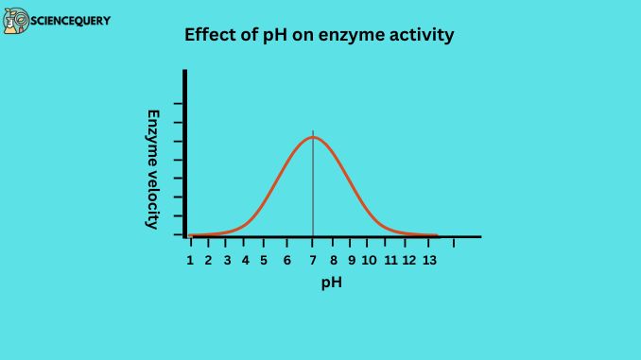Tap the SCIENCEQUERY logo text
pyautogui.click(x=72, y=19)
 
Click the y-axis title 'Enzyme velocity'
pyautogui.click(x=152, y=168)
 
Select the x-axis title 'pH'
pyautogui.click(x=331, y=282)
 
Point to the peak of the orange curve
pyautogui.click(x=313, y=138)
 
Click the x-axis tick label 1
pyautogui.click(x=190, y=259)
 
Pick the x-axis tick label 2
pyautogui.click(x=208, y=259)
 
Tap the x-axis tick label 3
pyautogui.click(x=227, y=259)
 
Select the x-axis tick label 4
pyautogui.click(x=245, y=259)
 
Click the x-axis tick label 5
pyautogui.click(x=264, y=259)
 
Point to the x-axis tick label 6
pyautogui.click(x=287, y=259)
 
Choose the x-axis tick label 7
pyautogui.click(x=313, y=259)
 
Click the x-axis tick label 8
pyautogui.click(x=333, y=259)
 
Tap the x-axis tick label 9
pyautogui.click(x=351, y=259)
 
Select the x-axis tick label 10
pyautogui.click(x=369, y=259)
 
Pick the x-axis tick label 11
pyautogui.click(x=390, y=259)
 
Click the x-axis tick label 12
pyautogui.click(x=408, y=259)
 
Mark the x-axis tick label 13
pyautogui.click(x=428, y=259)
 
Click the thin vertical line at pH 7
pyautogui.click(x=313, y=189)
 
